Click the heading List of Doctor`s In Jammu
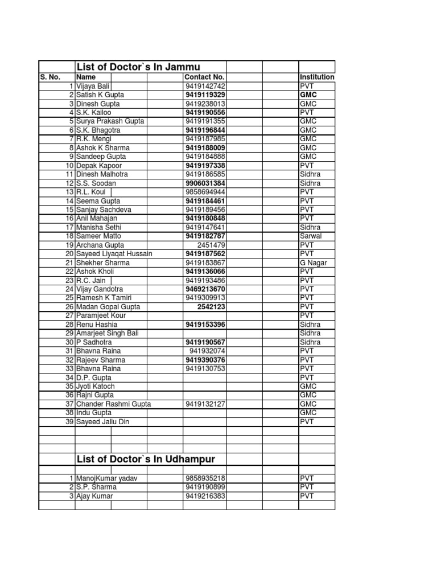click(138, 67)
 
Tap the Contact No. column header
click(205, 77)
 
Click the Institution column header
click(316, 77)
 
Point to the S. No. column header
click(50, 77)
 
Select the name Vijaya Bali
click(93, 86)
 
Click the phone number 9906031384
click(205, 183)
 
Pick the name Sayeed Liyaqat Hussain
click(114, 254)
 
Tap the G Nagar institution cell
click(313, 263)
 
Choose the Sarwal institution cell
click(311, 236)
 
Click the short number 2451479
click(210, 245)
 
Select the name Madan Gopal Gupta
click(108, 307)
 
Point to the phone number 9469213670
click(205, 289)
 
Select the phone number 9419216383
click(205, 496)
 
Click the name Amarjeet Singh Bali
click(110, 333)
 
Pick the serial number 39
click(69, 421)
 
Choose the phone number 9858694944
click(205, 192)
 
